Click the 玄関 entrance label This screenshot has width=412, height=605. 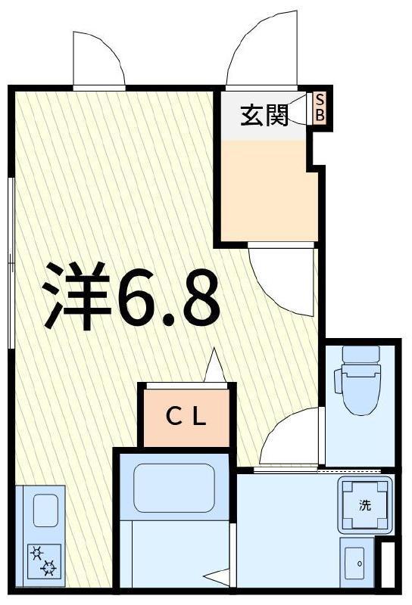click(x=264, y=115)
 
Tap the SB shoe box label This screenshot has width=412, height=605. click(x=320, y=108)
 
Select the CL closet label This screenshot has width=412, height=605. click(x=186, y=417)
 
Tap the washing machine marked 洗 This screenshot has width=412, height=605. click(x=365, y=504)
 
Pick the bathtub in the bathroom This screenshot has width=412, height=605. click(x=173, y=488)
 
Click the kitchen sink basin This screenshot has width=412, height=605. click(x=45, y=510)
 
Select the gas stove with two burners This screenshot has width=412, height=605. click(x=44, y=561)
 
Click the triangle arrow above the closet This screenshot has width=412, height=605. click(x=214, y=366)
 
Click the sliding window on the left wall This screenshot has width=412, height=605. click(x=11, y=263)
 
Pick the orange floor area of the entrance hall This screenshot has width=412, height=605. click(x=268, y=191)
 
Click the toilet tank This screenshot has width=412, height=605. click(x=361, y=354)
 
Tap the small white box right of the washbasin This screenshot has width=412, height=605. click(x=388, y=565)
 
